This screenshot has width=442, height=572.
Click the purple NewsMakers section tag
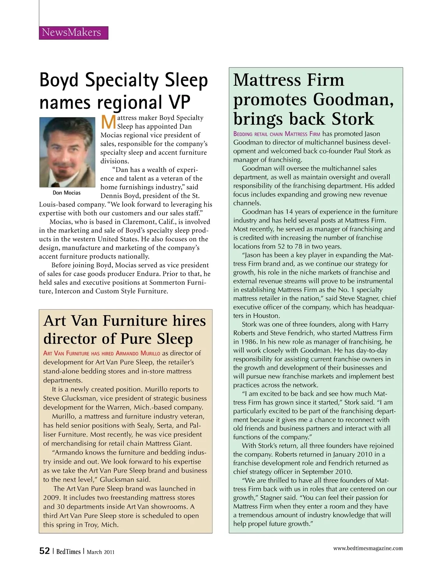point(73,32)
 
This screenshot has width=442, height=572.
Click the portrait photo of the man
point(67,152)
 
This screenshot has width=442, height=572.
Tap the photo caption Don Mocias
point(67,193)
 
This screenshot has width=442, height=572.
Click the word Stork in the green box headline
point(352,119)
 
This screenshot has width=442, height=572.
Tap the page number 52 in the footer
point(45,551)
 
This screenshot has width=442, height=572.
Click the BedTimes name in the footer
point(68,552)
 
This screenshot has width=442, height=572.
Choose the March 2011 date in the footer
point(101,552)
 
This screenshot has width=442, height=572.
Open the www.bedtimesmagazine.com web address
point(368,548)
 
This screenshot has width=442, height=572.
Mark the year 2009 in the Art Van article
point(50,498)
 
